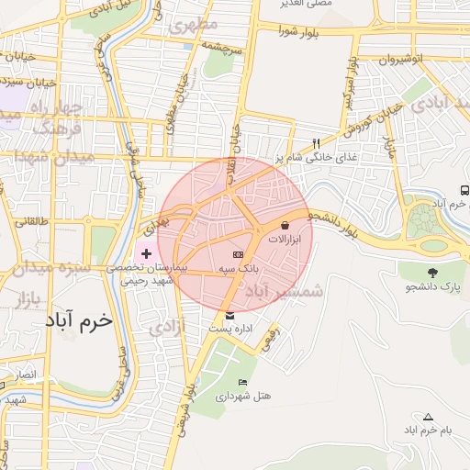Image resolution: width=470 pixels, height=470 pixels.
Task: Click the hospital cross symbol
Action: coord(147,252)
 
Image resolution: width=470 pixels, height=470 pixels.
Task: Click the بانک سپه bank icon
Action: coord(238,253)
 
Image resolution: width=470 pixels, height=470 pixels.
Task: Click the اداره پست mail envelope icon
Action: coord(229,316)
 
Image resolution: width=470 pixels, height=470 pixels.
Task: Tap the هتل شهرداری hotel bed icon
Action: coord(242,383)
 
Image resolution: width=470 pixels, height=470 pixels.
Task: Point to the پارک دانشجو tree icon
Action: coord(431,272)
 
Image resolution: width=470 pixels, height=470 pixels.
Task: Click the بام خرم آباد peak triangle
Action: coord(428,417)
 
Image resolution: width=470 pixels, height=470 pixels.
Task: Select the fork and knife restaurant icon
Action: coord(316,143)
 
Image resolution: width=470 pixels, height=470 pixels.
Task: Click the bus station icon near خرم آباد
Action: coord(464,190)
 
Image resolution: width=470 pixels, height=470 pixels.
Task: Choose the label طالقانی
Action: coord(30,221)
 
